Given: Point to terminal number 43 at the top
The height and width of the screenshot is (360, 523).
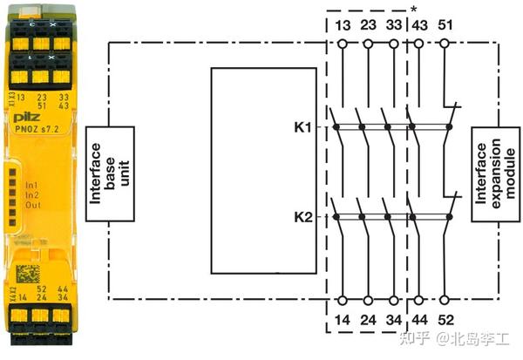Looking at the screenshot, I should [x=419, y=24].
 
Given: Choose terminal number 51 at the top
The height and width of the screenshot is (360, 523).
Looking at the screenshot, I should [x=445, y=24].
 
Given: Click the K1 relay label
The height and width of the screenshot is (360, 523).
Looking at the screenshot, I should [x=302, y=126].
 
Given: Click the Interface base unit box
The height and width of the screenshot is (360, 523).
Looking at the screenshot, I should [x=110, y=171].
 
